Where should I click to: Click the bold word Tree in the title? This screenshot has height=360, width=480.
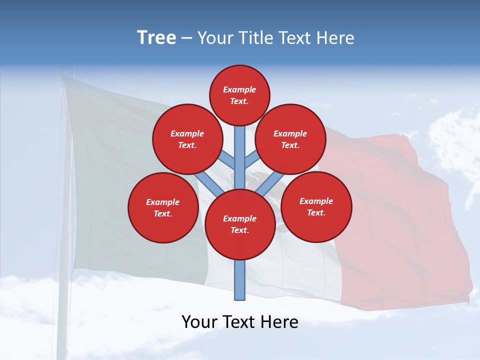pyautogui.click(x=156, y=37)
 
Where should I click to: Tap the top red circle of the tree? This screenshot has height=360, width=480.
pyautogui.click(x=239, y=95)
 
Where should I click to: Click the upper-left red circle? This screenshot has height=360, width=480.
pyautogui.click(x=187, y=139)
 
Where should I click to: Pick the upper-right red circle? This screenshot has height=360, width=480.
pyautogui.click(x=290, y=139)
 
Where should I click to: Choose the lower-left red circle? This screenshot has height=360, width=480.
pyautogui.click(x=163, y=207)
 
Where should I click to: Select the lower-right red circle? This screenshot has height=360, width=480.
pyautogui.click(x=316, y=206)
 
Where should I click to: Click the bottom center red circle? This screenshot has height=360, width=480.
pyautogui.click(x=240, y=224)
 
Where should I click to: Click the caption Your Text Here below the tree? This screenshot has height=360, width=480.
pyautogui.click(x=240, y=322)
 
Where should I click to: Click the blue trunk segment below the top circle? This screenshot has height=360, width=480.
pyautogui.click(x=240, y=150)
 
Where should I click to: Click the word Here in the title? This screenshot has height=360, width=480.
pyautogui.click(x=335, y=38)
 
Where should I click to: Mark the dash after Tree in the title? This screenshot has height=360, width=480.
pyautogui.click(x=186, y=38)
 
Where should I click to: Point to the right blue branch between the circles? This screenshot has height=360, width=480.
pyautogui.click(x=270, y=182)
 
